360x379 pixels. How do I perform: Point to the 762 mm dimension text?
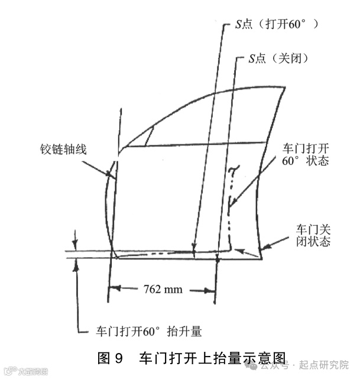pos(163,290)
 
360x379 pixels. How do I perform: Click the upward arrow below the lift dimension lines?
pos(76,265)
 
